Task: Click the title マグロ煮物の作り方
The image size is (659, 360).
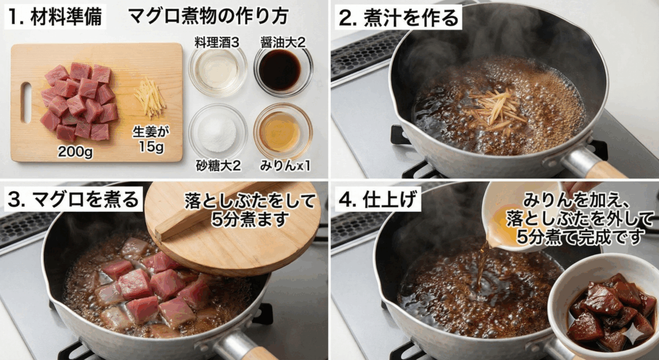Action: coord(208,17)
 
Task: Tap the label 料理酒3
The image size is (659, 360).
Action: coord(217,43)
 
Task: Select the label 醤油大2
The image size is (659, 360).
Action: coord(283,42)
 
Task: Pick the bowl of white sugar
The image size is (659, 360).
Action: coord(217,132)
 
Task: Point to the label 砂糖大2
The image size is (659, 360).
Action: coord(218,166)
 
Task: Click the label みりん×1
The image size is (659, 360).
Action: coord(284,166)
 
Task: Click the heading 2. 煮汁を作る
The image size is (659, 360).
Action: coord(399,17)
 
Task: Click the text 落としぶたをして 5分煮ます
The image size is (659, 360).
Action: coord(251,209)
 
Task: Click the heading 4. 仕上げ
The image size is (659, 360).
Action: coord(378,199)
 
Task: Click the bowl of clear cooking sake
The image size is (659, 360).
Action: coord(218,70)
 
